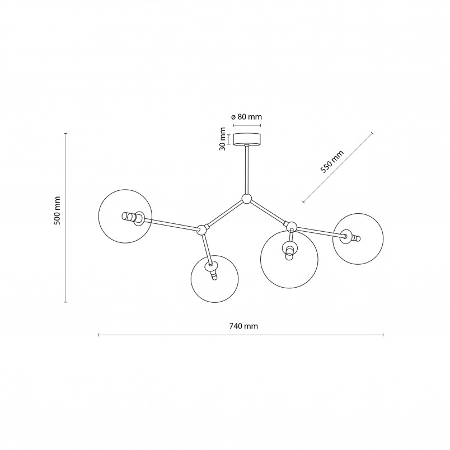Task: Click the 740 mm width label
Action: [x=243, y=326]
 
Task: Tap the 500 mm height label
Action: [x=58, y=210]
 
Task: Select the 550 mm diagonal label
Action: [x=332, y=162]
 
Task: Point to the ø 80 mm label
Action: [x=246, y=117]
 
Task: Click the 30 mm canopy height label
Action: [x=222, y=139]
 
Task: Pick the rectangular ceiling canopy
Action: [x=247, y=139]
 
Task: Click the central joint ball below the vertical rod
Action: [x=246, y=199]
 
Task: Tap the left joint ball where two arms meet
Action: [x=201, y=229]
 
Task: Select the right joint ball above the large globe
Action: [x=292, y=227]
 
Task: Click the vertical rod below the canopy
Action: [x=246, y=170]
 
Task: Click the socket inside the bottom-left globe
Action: [x=212, y=270]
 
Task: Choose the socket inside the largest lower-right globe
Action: [x=290, y=249]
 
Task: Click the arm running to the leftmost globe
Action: [x=171, y=224]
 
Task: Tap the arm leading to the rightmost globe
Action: [x=321, y=232]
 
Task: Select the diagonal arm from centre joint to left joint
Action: [x=224, y=214]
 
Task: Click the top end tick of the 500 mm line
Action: [x=65, y=133]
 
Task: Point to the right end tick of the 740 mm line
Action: [x=383, y=335]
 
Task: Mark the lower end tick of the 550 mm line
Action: [x=303, y=201]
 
